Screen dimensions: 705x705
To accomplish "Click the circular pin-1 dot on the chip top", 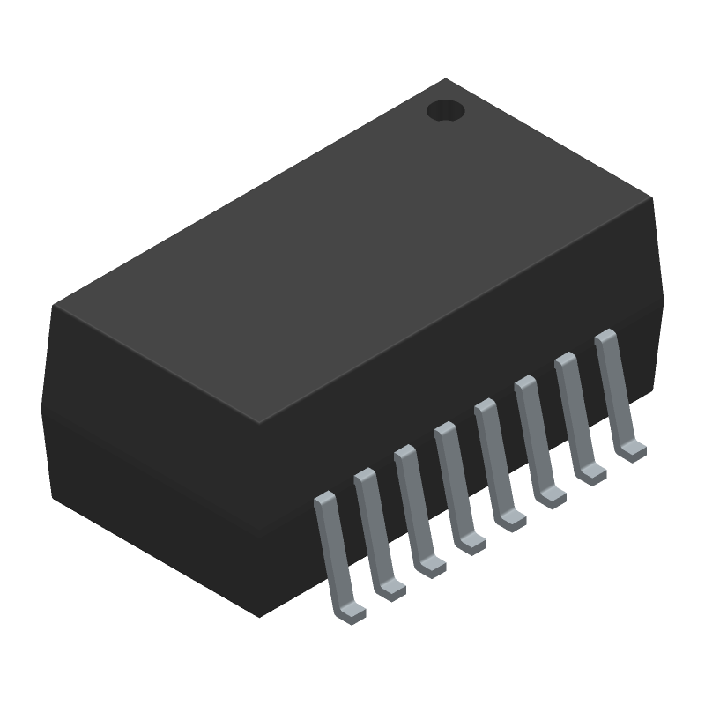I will [445, 110].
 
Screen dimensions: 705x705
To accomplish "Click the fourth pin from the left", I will [455, 481].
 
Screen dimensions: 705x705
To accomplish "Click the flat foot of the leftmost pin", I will [353, 612].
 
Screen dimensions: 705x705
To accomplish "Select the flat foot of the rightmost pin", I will [633, 451].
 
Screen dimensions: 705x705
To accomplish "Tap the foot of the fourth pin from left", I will [472, 544].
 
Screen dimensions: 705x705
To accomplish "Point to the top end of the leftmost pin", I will [324, 499].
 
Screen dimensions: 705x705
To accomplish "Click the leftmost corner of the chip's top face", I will [53, 306].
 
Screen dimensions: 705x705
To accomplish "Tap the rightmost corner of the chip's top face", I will [653, 197].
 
